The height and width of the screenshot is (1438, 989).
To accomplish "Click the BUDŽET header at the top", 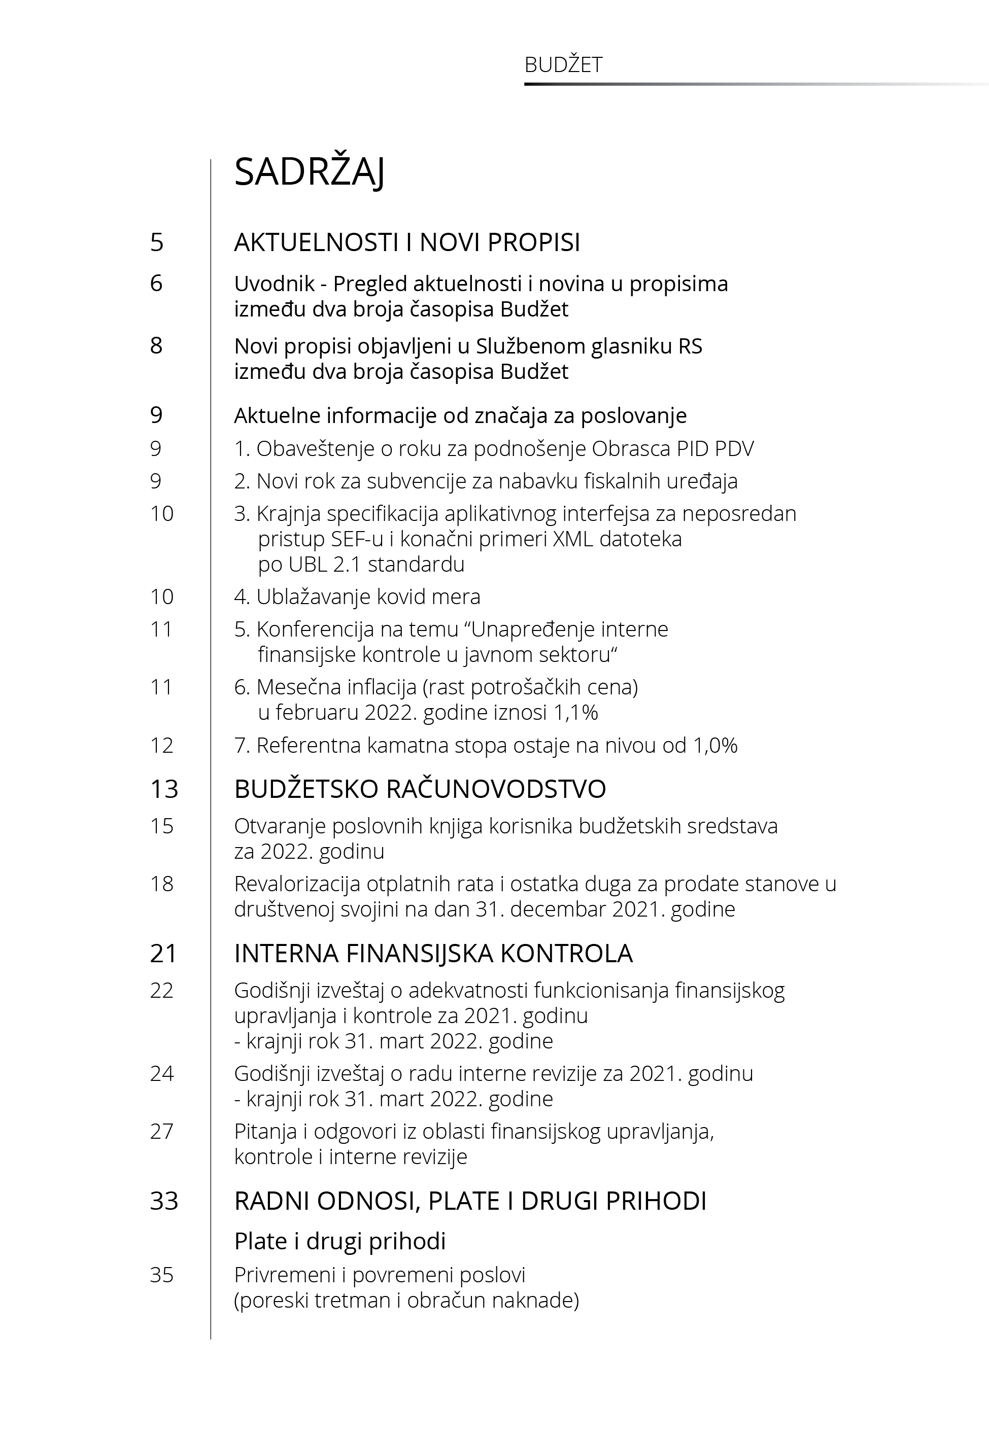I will (x=563, y=65).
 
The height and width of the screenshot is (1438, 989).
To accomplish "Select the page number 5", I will (x=157, y=242).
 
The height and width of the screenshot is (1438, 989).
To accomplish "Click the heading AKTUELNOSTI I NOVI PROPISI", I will (x=407, y=242).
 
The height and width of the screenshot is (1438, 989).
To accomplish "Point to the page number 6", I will (x=156, y=284).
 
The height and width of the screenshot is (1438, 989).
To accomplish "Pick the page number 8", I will (x=156, y=345).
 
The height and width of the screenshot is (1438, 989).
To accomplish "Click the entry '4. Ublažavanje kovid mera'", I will (x=357, y=597).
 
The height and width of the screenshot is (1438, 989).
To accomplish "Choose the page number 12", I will (x=162, y=745).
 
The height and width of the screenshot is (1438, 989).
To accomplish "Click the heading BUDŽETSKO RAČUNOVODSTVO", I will (x=420, y=789).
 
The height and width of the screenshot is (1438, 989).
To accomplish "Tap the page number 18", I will (x=162, y=884).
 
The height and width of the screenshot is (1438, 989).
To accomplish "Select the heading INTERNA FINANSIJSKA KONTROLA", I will (x=433, y=954).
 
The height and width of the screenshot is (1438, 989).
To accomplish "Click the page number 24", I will (x=162, y=1073).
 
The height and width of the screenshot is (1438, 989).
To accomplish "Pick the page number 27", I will (x=162, y=1132).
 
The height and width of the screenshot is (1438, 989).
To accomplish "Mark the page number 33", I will (x=164, y=1202).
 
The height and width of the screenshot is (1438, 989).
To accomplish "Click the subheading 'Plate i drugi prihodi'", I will (x=339, y=1241).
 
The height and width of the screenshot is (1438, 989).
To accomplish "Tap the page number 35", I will (x=162, y=1275).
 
